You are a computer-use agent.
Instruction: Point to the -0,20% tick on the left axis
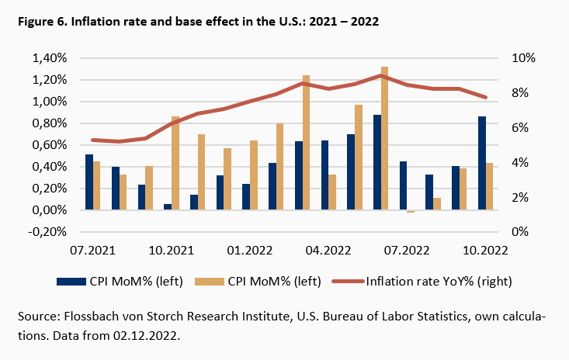tap(50, 232)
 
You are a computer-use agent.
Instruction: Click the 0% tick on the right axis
tap(520, 232)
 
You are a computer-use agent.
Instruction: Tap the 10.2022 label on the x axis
tap(485, 250)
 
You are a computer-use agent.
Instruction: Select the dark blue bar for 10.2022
tap(482, 163)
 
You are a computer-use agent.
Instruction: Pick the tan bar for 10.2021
tap(175, 163)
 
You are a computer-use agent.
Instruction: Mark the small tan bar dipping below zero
tap(411, 211)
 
